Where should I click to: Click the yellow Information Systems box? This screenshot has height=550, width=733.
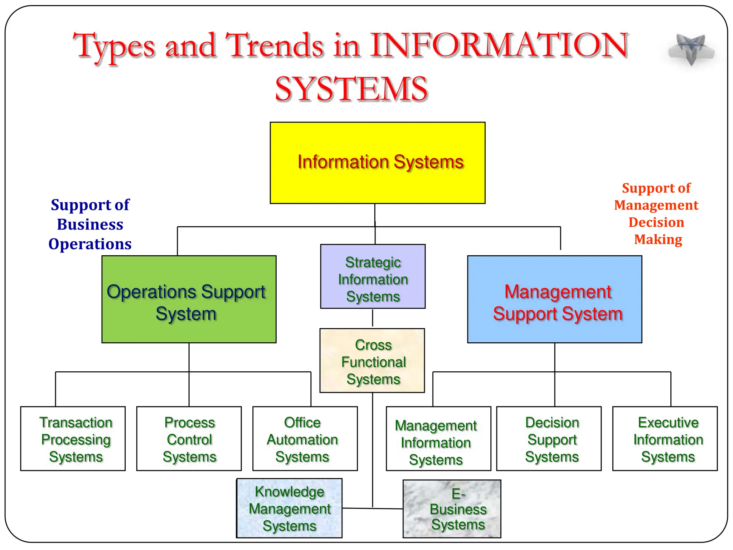coord(377,163)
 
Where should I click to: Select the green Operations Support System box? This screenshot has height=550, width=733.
coord(189,299)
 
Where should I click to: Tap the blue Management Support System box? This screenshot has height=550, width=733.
coord(554,299)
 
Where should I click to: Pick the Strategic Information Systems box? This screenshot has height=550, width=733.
coord(373,276)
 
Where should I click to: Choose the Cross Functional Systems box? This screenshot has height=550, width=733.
coord(372,361)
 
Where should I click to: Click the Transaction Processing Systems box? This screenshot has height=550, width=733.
coord(73,439)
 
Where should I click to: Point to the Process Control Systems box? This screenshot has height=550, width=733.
coord(189,439)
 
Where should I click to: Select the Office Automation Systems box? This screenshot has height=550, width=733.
coord(305,439)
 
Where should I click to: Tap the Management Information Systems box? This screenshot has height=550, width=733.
coord(438,439)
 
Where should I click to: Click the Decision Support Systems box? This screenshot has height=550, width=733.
coord(549,439)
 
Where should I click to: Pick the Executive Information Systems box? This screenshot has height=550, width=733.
coord(665,439)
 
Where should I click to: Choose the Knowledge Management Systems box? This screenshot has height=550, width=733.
coord(289,508)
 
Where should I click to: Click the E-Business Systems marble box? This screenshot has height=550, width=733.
coord(452,509)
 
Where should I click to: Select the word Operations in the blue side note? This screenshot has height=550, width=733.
coord(90,244)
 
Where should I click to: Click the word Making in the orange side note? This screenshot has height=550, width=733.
coord(658,239)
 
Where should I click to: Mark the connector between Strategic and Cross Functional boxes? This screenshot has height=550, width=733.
coord(373,318)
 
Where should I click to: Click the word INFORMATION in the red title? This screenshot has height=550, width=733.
coord(499,45)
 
